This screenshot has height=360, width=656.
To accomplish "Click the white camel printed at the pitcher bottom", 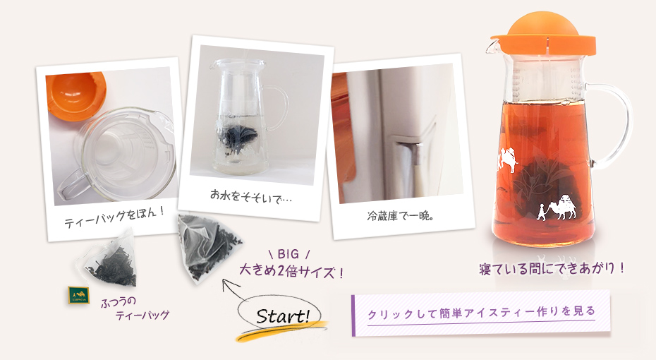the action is point(565,207).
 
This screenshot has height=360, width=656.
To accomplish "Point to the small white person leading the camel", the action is point(542,211).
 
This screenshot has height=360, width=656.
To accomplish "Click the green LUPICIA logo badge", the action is point(79,294).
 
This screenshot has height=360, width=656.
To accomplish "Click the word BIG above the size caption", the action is point(288,254).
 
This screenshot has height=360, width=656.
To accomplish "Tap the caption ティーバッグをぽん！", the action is point(114,215).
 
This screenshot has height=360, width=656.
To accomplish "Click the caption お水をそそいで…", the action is point(250,196).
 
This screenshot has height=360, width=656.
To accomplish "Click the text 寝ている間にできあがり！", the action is point(552,268).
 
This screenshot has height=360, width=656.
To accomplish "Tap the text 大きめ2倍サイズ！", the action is point(291,272).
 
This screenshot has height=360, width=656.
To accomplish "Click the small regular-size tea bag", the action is point(109,262).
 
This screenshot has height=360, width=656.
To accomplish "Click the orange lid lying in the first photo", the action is point(75,95).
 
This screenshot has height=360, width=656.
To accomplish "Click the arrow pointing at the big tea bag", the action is point(237,293).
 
